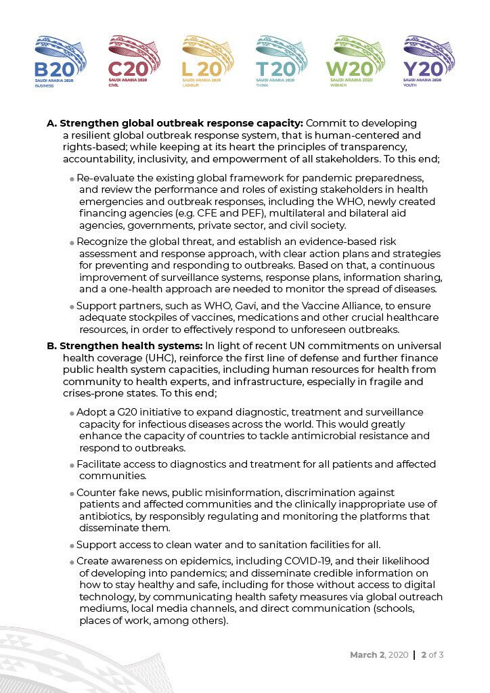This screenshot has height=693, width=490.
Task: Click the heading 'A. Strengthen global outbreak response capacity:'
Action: point(175,123)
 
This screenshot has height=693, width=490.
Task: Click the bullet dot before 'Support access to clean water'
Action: point(72,545)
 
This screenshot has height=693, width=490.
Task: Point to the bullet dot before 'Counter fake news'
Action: point(72,493)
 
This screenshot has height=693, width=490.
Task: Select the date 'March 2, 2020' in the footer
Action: point(379,655)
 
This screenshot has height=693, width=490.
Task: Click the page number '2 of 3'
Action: point(432,655)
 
